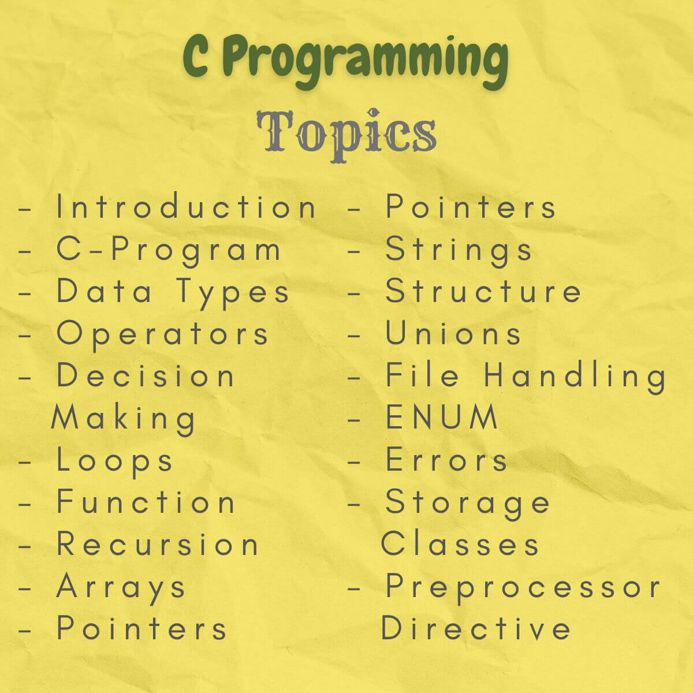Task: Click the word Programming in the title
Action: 366,59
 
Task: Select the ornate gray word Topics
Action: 346,131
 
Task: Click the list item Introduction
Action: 186,207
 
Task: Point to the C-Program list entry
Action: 169,250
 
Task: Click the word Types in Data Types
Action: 232,292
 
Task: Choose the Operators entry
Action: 163,334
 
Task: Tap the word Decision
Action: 146,375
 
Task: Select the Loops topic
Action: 115,460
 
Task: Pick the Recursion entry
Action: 158,544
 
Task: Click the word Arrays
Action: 121,587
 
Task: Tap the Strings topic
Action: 459,250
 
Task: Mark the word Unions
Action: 454,334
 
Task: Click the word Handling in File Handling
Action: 575,375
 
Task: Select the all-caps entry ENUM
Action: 442,417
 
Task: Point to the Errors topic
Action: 446,460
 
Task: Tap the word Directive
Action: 476,628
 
